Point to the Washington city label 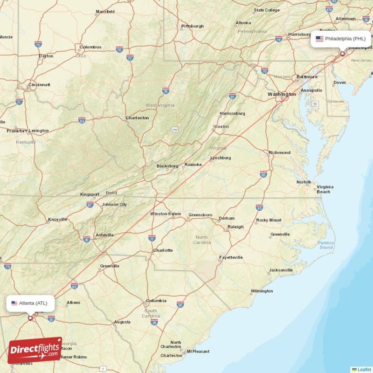coord(282,94)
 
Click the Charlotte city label coord(163,250)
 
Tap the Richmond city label coord(279,152)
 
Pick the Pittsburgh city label coord(193,26)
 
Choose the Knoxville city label coord(58,219)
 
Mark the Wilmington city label coord(262,291)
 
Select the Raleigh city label coord(235,227)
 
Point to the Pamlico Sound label coord(326,245)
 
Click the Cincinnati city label coord(39,85)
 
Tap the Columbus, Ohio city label coord(90,47)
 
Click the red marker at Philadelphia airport coord(342,54)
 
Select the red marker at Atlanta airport coord(30,318)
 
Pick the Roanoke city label coord(193,165)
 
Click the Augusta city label coord(122,322)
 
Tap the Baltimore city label coord(307,77)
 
